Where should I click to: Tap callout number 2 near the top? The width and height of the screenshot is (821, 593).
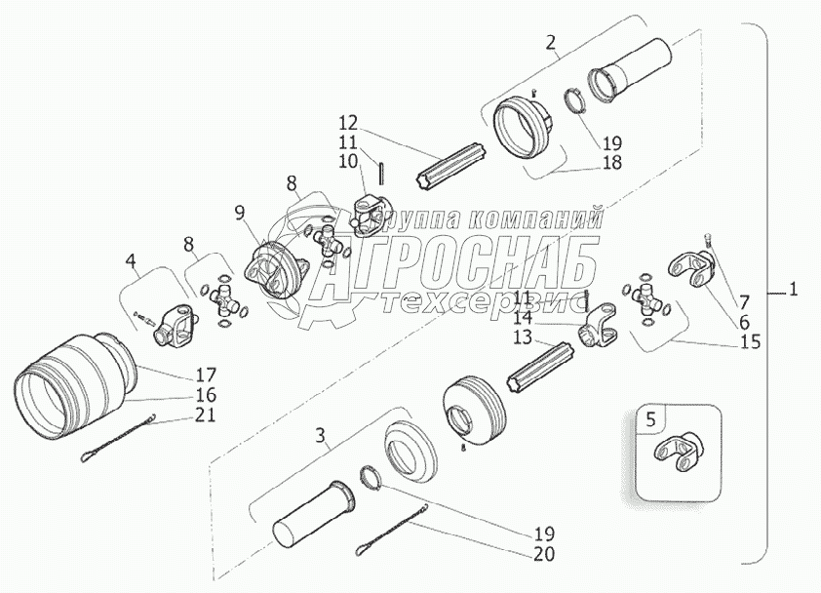tap(552, 42)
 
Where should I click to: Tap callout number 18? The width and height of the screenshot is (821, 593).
tap(611, 162)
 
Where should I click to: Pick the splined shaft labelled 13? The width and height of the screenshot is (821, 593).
tap(548, 368)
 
